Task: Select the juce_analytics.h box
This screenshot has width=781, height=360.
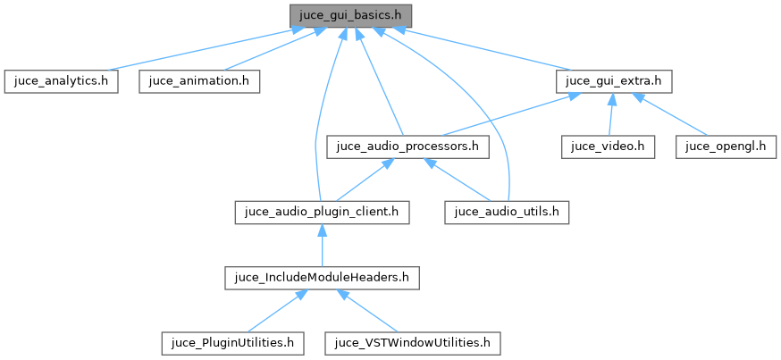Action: (x=61, y=80)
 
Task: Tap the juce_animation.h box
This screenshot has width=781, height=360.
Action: (x=198, y=80)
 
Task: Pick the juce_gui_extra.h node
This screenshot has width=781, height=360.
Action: (x=614, y=80)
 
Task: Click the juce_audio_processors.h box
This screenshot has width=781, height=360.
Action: (x=407, y=146)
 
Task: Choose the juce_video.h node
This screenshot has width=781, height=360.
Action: (x=609, y=146)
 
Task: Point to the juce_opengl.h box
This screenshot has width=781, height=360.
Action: (x=726, y=146)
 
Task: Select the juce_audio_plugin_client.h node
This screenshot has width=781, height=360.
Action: (x=322, y=212)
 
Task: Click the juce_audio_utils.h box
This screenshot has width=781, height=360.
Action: (x=508, y=212)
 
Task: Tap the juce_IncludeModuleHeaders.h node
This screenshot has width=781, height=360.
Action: (x=322, y=277)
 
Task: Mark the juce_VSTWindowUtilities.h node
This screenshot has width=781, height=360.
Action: (x=412, y=342)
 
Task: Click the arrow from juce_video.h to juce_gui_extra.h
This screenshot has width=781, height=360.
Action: (x=611, y=114)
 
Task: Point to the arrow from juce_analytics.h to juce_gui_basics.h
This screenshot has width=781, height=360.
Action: (x=197, y=48)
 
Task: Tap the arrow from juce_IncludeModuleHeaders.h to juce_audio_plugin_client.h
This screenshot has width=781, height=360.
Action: (x=322, y=245)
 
